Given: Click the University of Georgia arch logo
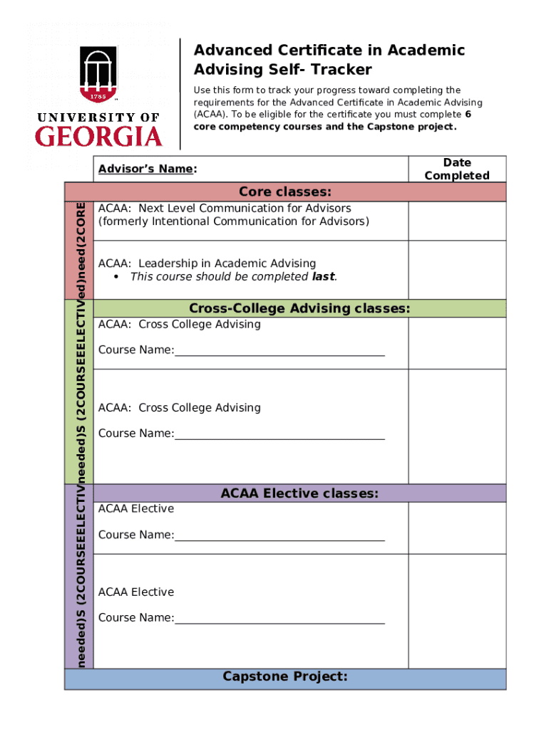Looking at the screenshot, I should click(98, 73).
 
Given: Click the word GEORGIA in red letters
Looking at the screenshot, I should click(98, 136).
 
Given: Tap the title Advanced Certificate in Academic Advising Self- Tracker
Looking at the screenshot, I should click(329, 60).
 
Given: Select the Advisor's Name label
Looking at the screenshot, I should click(147, 169).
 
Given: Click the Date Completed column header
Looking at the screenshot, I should click(456, 169).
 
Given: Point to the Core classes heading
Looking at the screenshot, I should click(284, 192).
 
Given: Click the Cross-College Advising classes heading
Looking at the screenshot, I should click(299, 308).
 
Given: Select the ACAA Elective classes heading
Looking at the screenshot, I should click(299, 493).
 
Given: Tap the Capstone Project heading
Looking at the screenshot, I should click(284, 676).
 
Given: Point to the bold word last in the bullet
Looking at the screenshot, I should click(323, 276).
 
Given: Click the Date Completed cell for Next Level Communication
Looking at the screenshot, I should click(456, 221).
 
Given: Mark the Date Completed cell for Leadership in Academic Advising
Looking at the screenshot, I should click(456, 270).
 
